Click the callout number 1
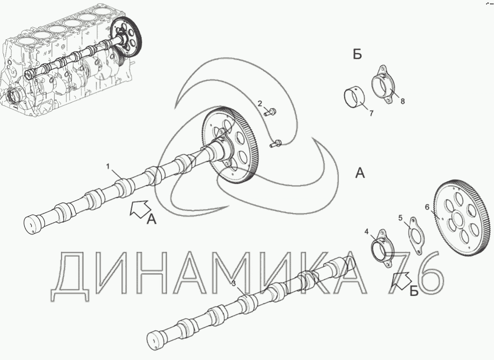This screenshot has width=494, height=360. coord(108,167)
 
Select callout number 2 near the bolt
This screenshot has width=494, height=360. coord(260,103)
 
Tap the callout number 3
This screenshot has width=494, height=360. coord(234,284)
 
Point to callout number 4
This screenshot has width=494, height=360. coord(366,232)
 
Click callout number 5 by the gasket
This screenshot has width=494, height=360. coord(400,218)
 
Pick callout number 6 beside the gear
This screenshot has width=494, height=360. coord(427,207)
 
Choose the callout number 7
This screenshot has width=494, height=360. coord(371,114)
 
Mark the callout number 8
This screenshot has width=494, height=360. coord(402,101)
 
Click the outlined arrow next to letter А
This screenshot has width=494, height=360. coord(140,209)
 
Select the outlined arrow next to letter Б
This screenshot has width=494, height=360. coord(401,280)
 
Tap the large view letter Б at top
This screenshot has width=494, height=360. coord(357,54)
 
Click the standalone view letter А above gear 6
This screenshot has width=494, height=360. coord(360,173)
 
